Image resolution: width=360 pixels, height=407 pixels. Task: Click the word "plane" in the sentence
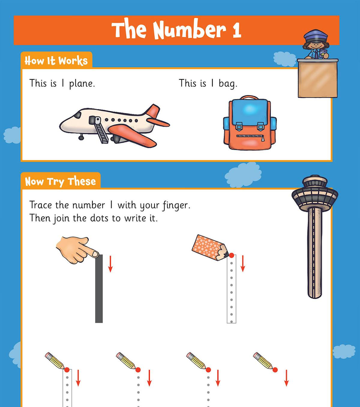tap(82, 84)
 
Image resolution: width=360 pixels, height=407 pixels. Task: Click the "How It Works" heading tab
tap(56, 61)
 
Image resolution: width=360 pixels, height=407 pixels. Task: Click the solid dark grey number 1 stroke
tap(99, 289)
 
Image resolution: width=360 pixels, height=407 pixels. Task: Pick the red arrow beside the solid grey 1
tap(110, 264)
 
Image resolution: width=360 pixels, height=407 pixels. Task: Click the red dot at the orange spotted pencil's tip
tap(232, 255)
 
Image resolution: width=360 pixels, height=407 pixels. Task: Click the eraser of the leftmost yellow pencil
tap(48, 355)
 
